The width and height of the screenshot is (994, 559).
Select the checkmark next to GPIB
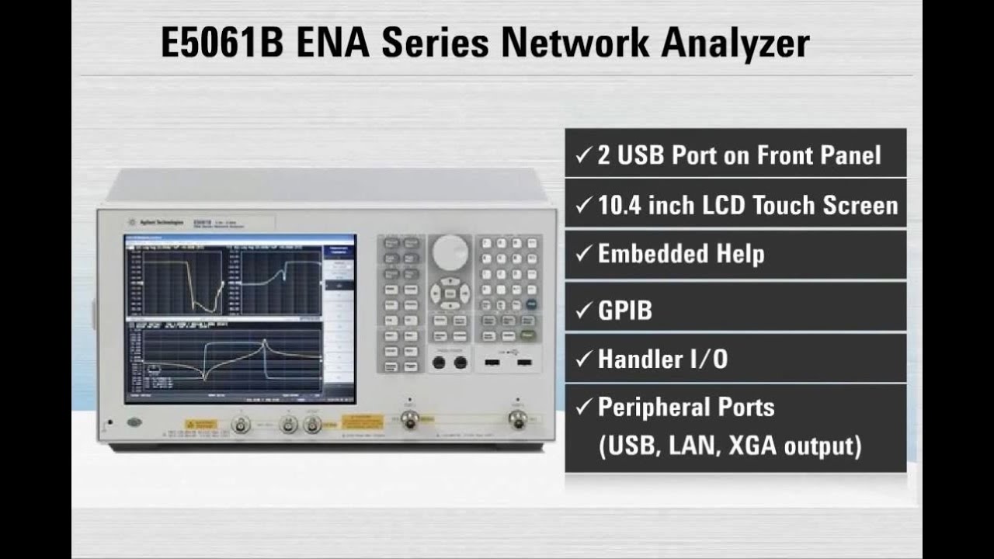583,311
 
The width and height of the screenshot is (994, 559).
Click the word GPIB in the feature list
624,311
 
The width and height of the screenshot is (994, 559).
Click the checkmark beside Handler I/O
583,359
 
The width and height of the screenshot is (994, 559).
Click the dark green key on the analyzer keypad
530,335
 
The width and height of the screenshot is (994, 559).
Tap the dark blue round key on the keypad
531,304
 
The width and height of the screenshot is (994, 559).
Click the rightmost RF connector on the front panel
516,419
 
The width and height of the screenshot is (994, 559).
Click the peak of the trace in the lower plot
265,341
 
